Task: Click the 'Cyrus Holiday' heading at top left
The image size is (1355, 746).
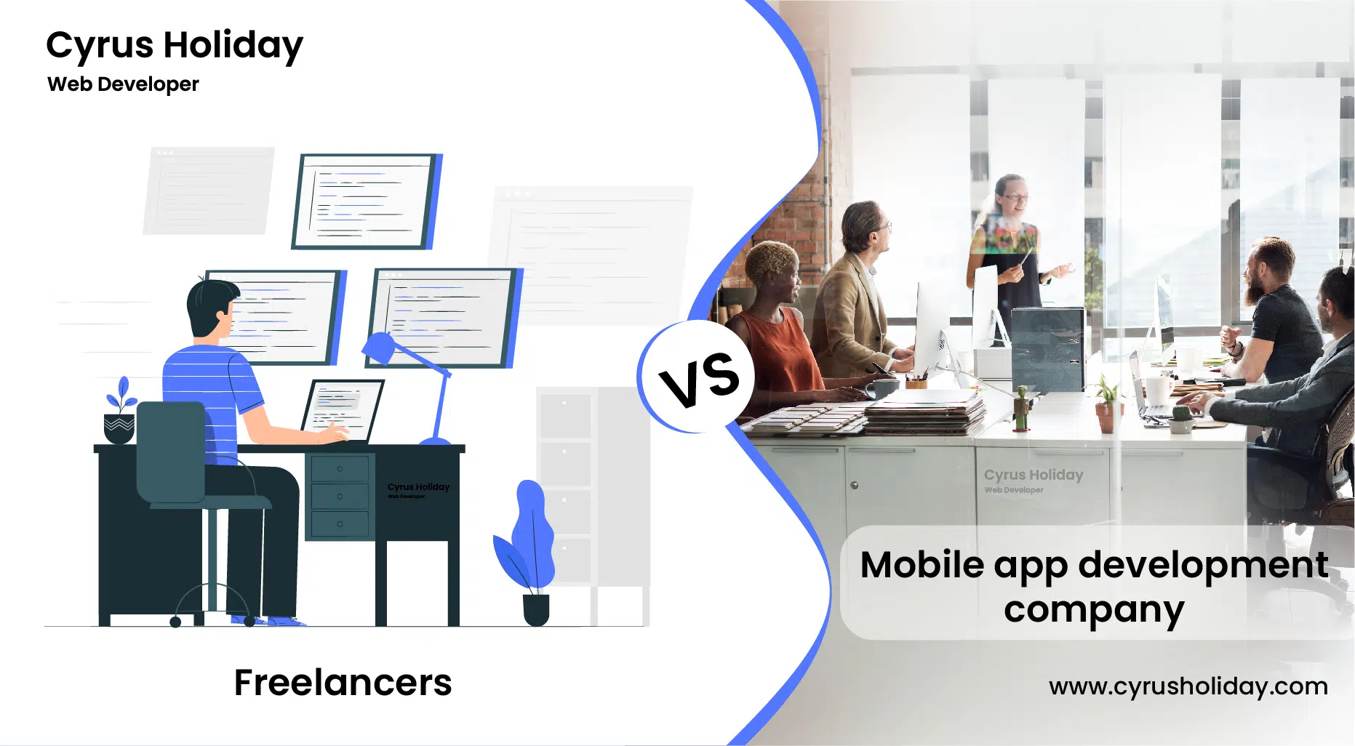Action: click(x=175, y=45)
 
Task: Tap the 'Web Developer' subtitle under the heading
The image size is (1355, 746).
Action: click(x=123, y=84)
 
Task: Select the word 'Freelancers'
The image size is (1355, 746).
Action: click(x=343, y=682)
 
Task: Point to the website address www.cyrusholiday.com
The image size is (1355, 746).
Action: click(x=1188, y=686)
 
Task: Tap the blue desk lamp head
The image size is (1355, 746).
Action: click(x=379, y=348)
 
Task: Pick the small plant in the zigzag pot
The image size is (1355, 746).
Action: click(x=120, y=411)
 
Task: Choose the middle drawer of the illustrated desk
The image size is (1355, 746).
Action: click(x=340, y=496)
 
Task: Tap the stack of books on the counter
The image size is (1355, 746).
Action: click(x=924, y=412)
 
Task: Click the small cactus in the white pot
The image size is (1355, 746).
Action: click(x=1180, y=418)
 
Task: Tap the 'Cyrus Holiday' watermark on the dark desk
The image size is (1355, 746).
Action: click(x=418, y=487)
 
